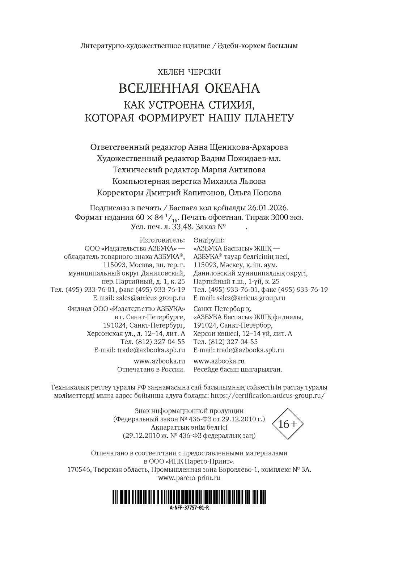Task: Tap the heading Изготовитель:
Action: pos(162,240)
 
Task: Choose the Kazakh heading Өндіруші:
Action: pos(209,240)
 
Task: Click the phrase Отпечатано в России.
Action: pos(151,370)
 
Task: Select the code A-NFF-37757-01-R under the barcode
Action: pos(189,508)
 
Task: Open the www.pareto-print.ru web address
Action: pos(189,477)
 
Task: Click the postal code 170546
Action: pos(79,470)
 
